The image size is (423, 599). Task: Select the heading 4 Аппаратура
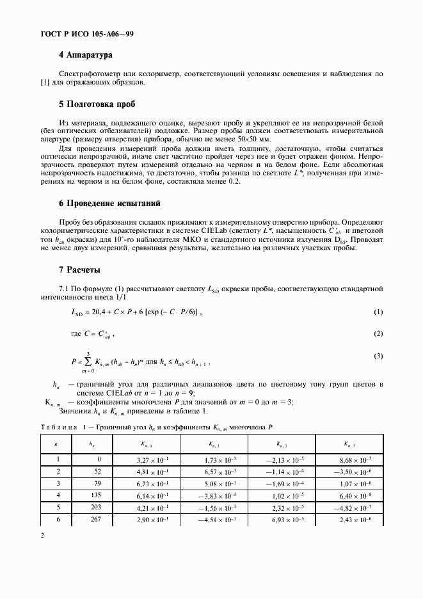[85, 56]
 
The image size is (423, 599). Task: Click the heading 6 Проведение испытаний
[109, 203]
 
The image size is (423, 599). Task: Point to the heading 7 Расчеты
[79, 269]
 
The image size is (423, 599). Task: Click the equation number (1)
[378, 312]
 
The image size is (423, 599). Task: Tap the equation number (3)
[378, 355]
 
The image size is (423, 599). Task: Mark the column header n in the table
[58, 443]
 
